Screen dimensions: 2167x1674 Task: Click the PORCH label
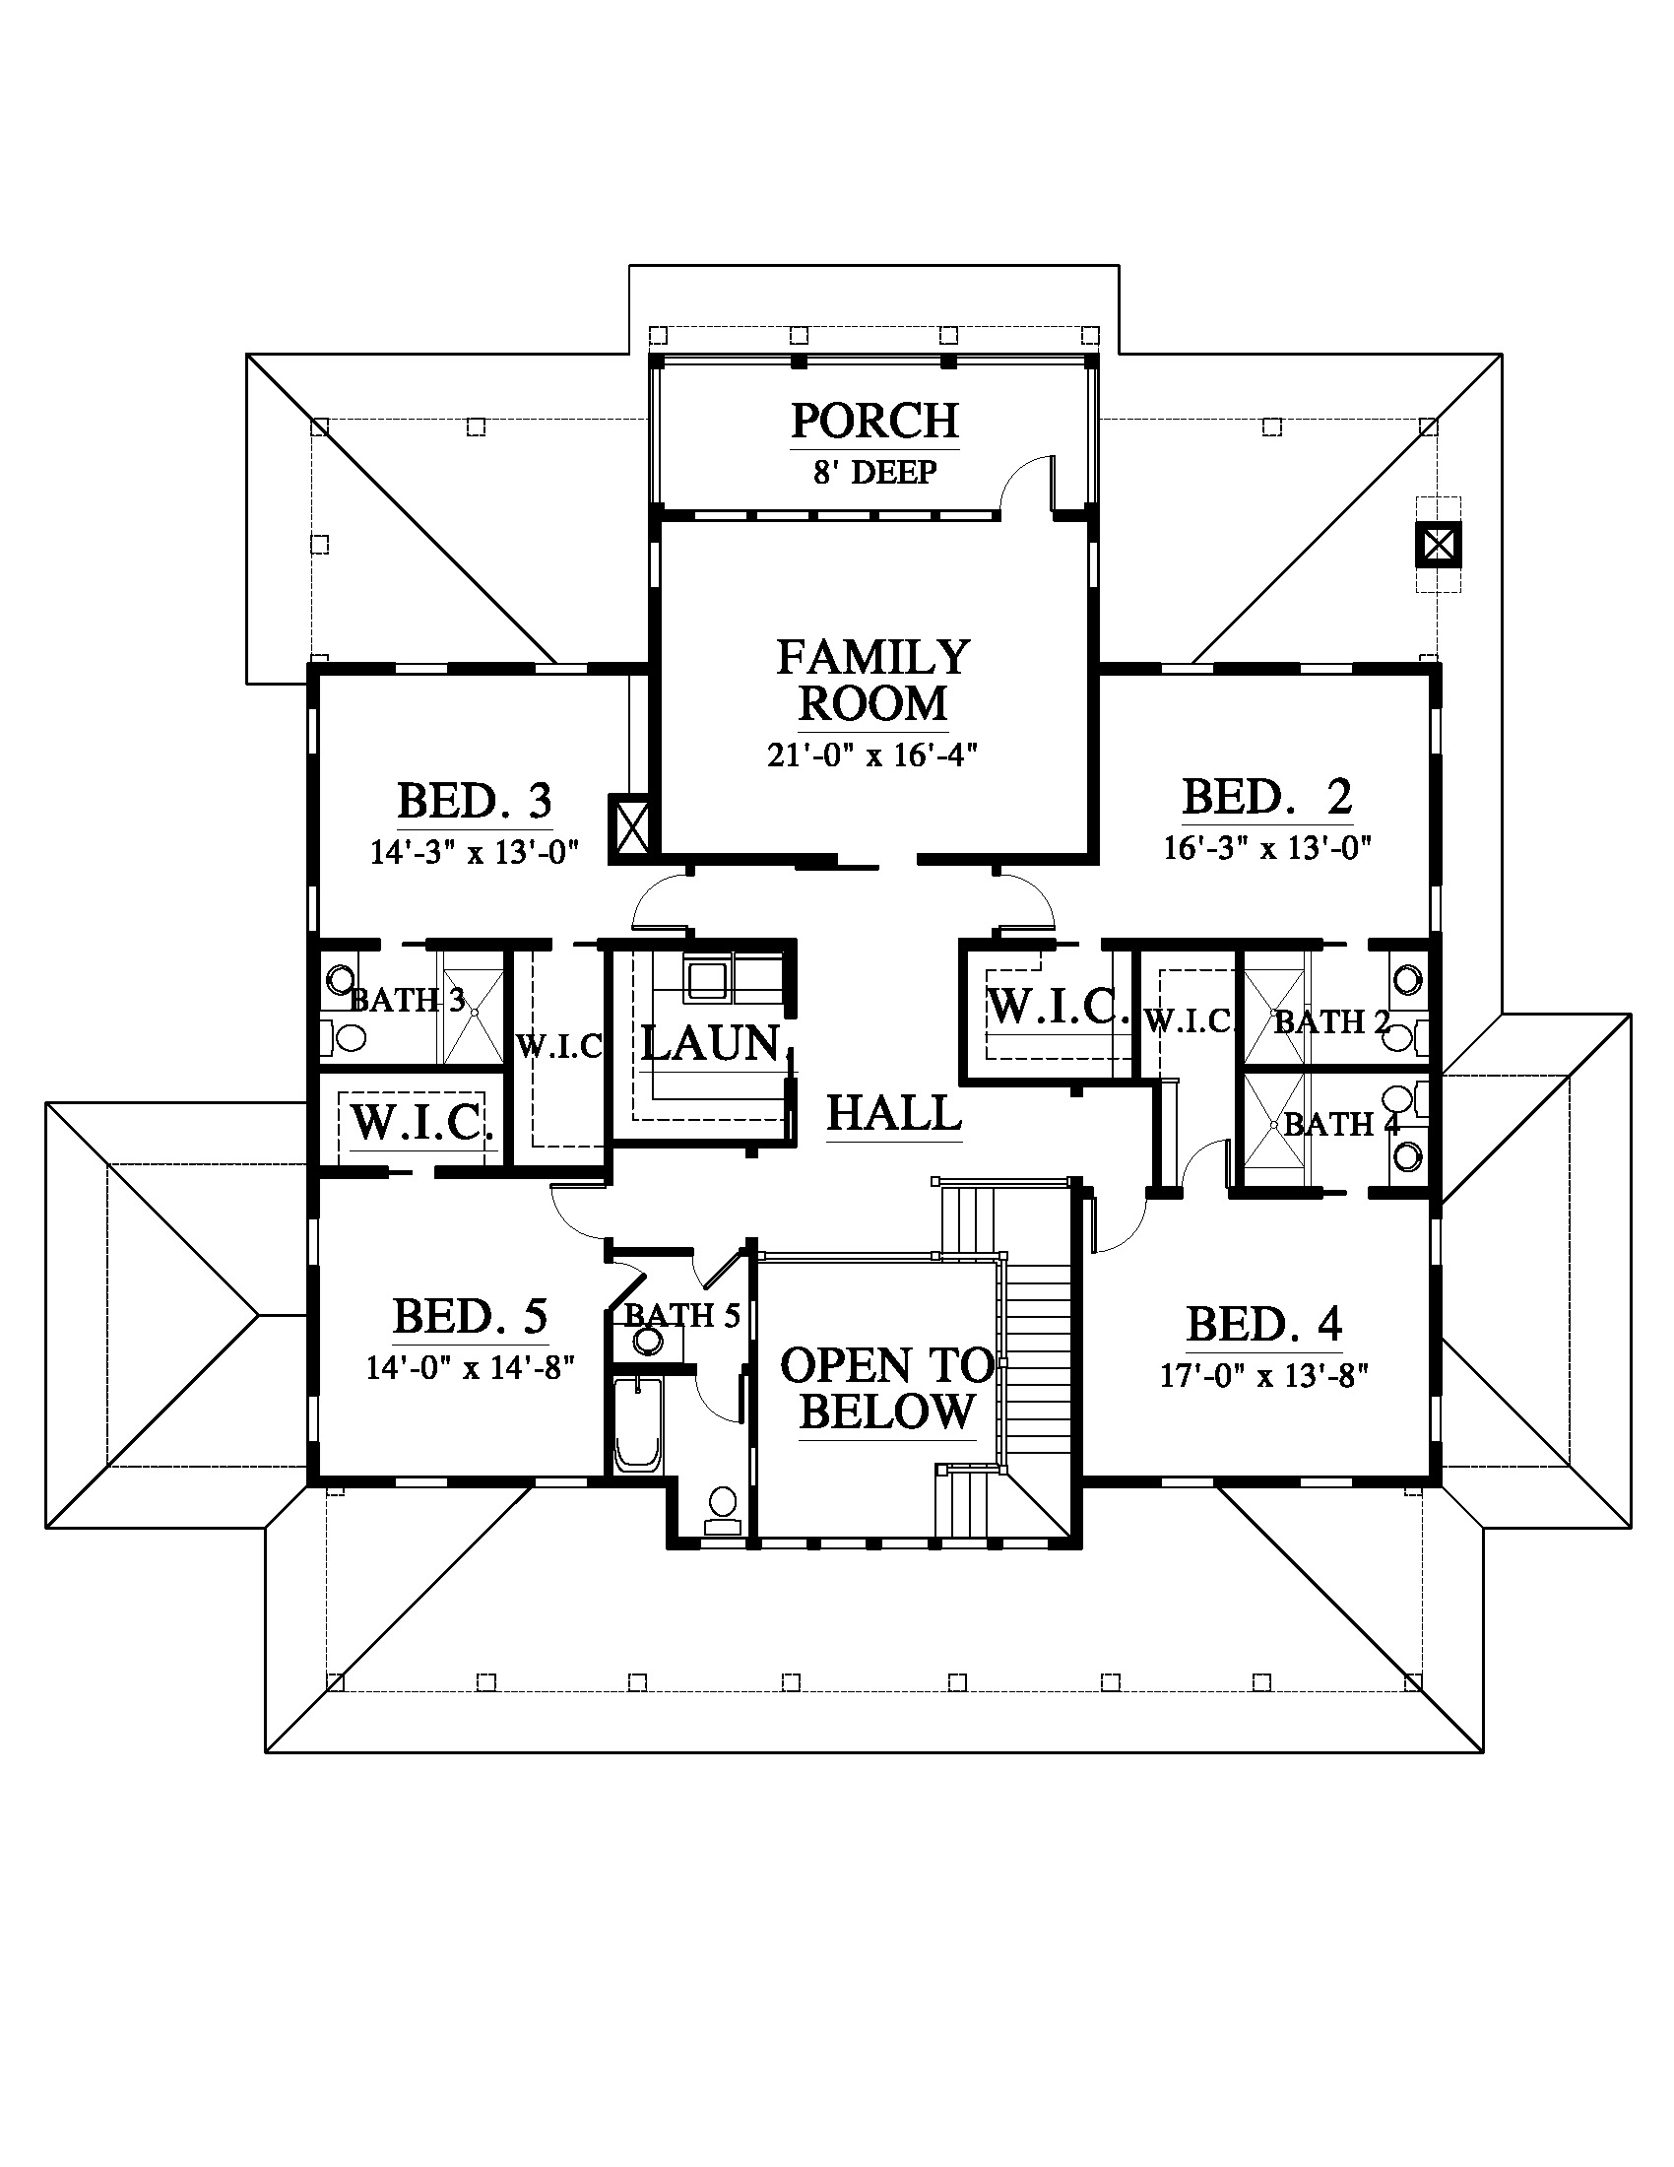click(874, 421)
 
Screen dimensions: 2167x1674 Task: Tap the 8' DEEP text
click(874, 472)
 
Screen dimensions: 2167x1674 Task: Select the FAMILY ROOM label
click(872, 681)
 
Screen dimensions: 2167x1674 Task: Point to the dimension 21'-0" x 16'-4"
click(872, 756)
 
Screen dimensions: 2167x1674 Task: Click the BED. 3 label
click(474, 802)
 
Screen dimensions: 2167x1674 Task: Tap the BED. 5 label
click(470, 1318)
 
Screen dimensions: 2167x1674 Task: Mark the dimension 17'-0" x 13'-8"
click(1264, 1376)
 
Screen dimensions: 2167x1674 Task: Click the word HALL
click(893, 1113)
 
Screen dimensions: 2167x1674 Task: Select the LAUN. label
click(712, 1044)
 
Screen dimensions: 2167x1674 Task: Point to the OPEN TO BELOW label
click(887, 1389)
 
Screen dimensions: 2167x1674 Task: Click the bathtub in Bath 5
click(638, 1424)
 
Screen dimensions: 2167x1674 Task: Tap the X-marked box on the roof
click(1438, 544)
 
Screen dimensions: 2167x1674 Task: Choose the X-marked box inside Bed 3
click(632, 827)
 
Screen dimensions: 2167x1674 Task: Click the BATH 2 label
click(1331, 1021)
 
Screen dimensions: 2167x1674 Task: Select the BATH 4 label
click(1341, 1124)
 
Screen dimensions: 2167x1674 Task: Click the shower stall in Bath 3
click(473, 1010)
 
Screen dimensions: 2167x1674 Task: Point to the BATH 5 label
click(682, 1316)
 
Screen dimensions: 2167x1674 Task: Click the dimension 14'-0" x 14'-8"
click(470, 1368)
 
